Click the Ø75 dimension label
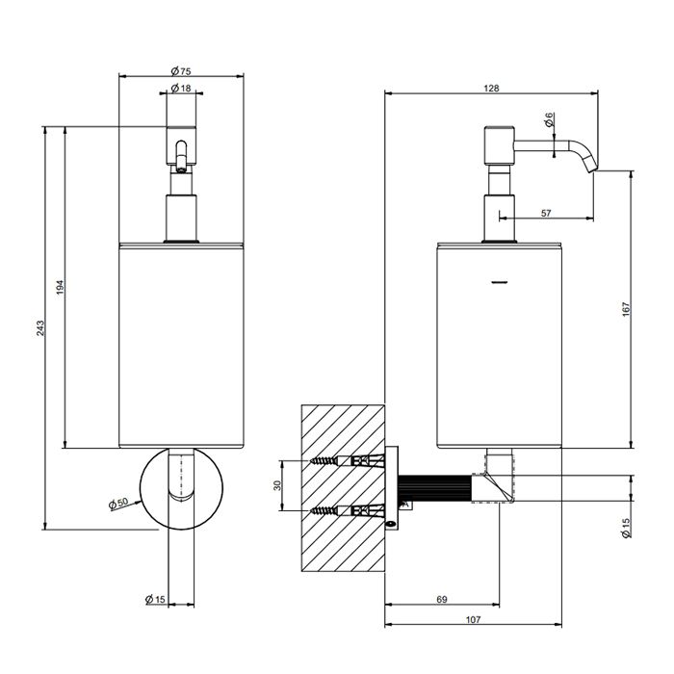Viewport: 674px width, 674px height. point(181,71)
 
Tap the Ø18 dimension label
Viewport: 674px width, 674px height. point(181,89)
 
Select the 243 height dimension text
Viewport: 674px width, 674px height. point(40,327)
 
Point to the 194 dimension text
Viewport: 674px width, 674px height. point(60,287)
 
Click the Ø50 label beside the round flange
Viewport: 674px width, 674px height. point(118,504)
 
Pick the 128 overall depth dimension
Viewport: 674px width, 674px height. point(491,89)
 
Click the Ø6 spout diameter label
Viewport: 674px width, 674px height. point(549,119)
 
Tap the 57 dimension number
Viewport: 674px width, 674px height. point(546,213)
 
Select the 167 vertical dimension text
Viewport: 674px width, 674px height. point(626,309)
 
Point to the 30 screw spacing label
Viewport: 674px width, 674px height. point(277,485)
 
